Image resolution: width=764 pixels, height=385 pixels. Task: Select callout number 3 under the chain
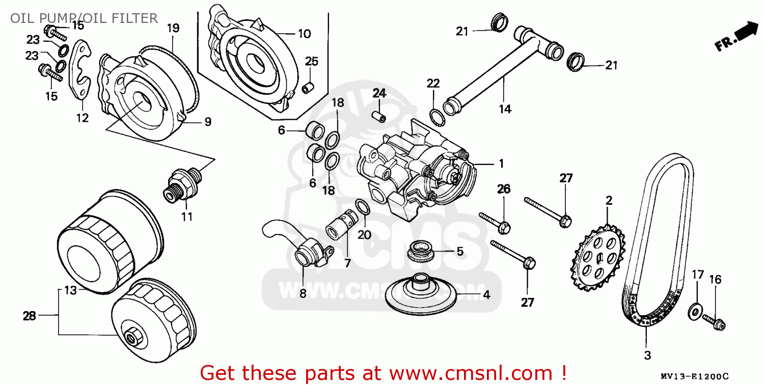[x=647, y=355]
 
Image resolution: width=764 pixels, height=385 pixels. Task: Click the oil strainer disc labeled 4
[x=421, y=294]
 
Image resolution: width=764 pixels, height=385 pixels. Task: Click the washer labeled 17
[x=695, y=311]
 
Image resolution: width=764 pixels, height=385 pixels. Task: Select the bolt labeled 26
[x=495, y=223]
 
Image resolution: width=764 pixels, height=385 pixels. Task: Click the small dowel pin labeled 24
[x=378, y=116]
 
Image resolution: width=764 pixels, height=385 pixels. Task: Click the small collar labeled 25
[x=308, y=88]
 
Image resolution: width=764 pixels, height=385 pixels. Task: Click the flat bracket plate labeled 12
[x=80, y=69]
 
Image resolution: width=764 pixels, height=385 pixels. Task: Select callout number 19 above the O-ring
[x=173, y=28]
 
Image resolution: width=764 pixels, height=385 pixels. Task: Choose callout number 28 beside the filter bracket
[x=30, y=316]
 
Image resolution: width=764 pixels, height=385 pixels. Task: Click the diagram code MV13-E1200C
[x=694, y=376]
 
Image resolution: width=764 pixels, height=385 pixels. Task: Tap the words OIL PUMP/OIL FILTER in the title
[x=84, y=18]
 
